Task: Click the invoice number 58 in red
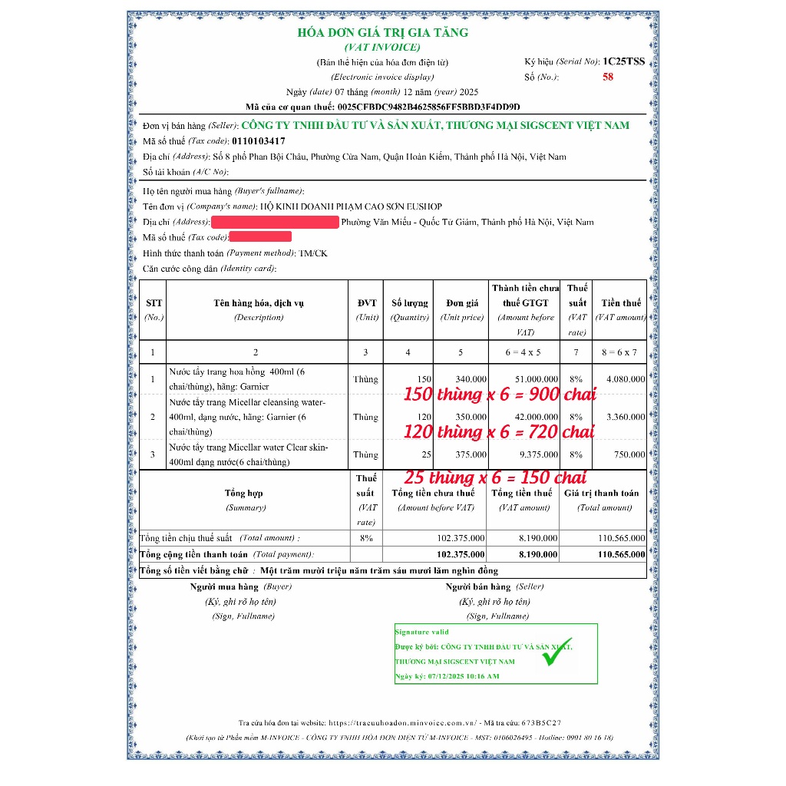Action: point(608,77)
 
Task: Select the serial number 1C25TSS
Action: point(623,61)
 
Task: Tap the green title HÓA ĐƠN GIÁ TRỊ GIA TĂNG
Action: point(382,33)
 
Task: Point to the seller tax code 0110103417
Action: point(258,141)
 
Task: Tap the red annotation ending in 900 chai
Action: point(500,395)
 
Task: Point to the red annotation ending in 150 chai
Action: point(495,478)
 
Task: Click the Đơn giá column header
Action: point(461,303)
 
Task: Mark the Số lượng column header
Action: point(409,303)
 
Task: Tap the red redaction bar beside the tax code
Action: point(260,237)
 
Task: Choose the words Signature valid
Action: point(422,632)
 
